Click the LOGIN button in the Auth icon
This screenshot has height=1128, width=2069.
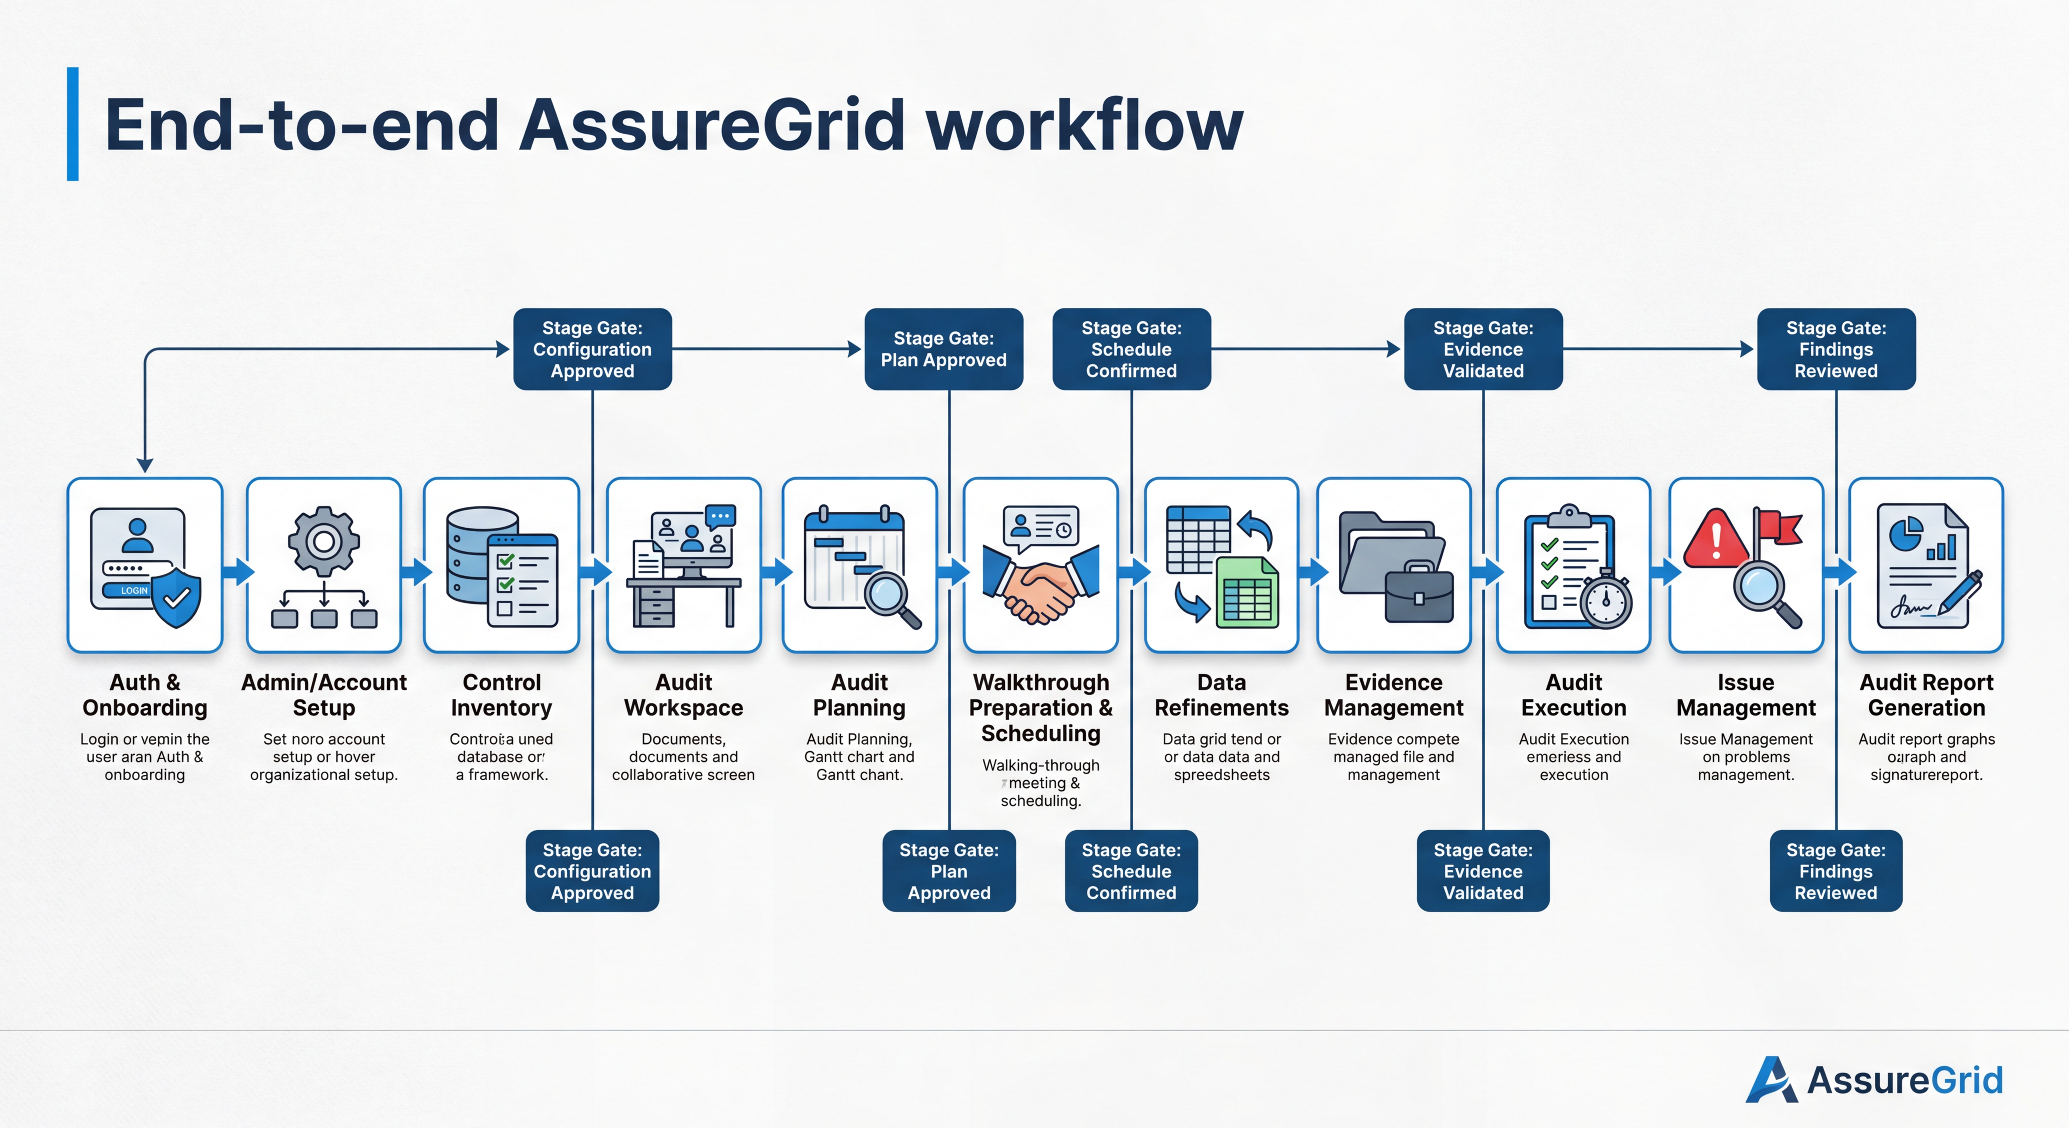coord(129,590)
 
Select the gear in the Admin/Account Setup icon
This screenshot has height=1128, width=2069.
coord(324,541)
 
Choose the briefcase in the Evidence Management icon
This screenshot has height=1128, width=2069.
coord(1418,596)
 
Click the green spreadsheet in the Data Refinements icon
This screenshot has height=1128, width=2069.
coord(1247,594)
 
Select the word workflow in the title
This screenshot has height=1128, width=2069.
coord(1084,126)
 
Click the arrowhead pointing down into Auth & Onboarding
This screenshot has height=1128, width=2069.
coord(145,466)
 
